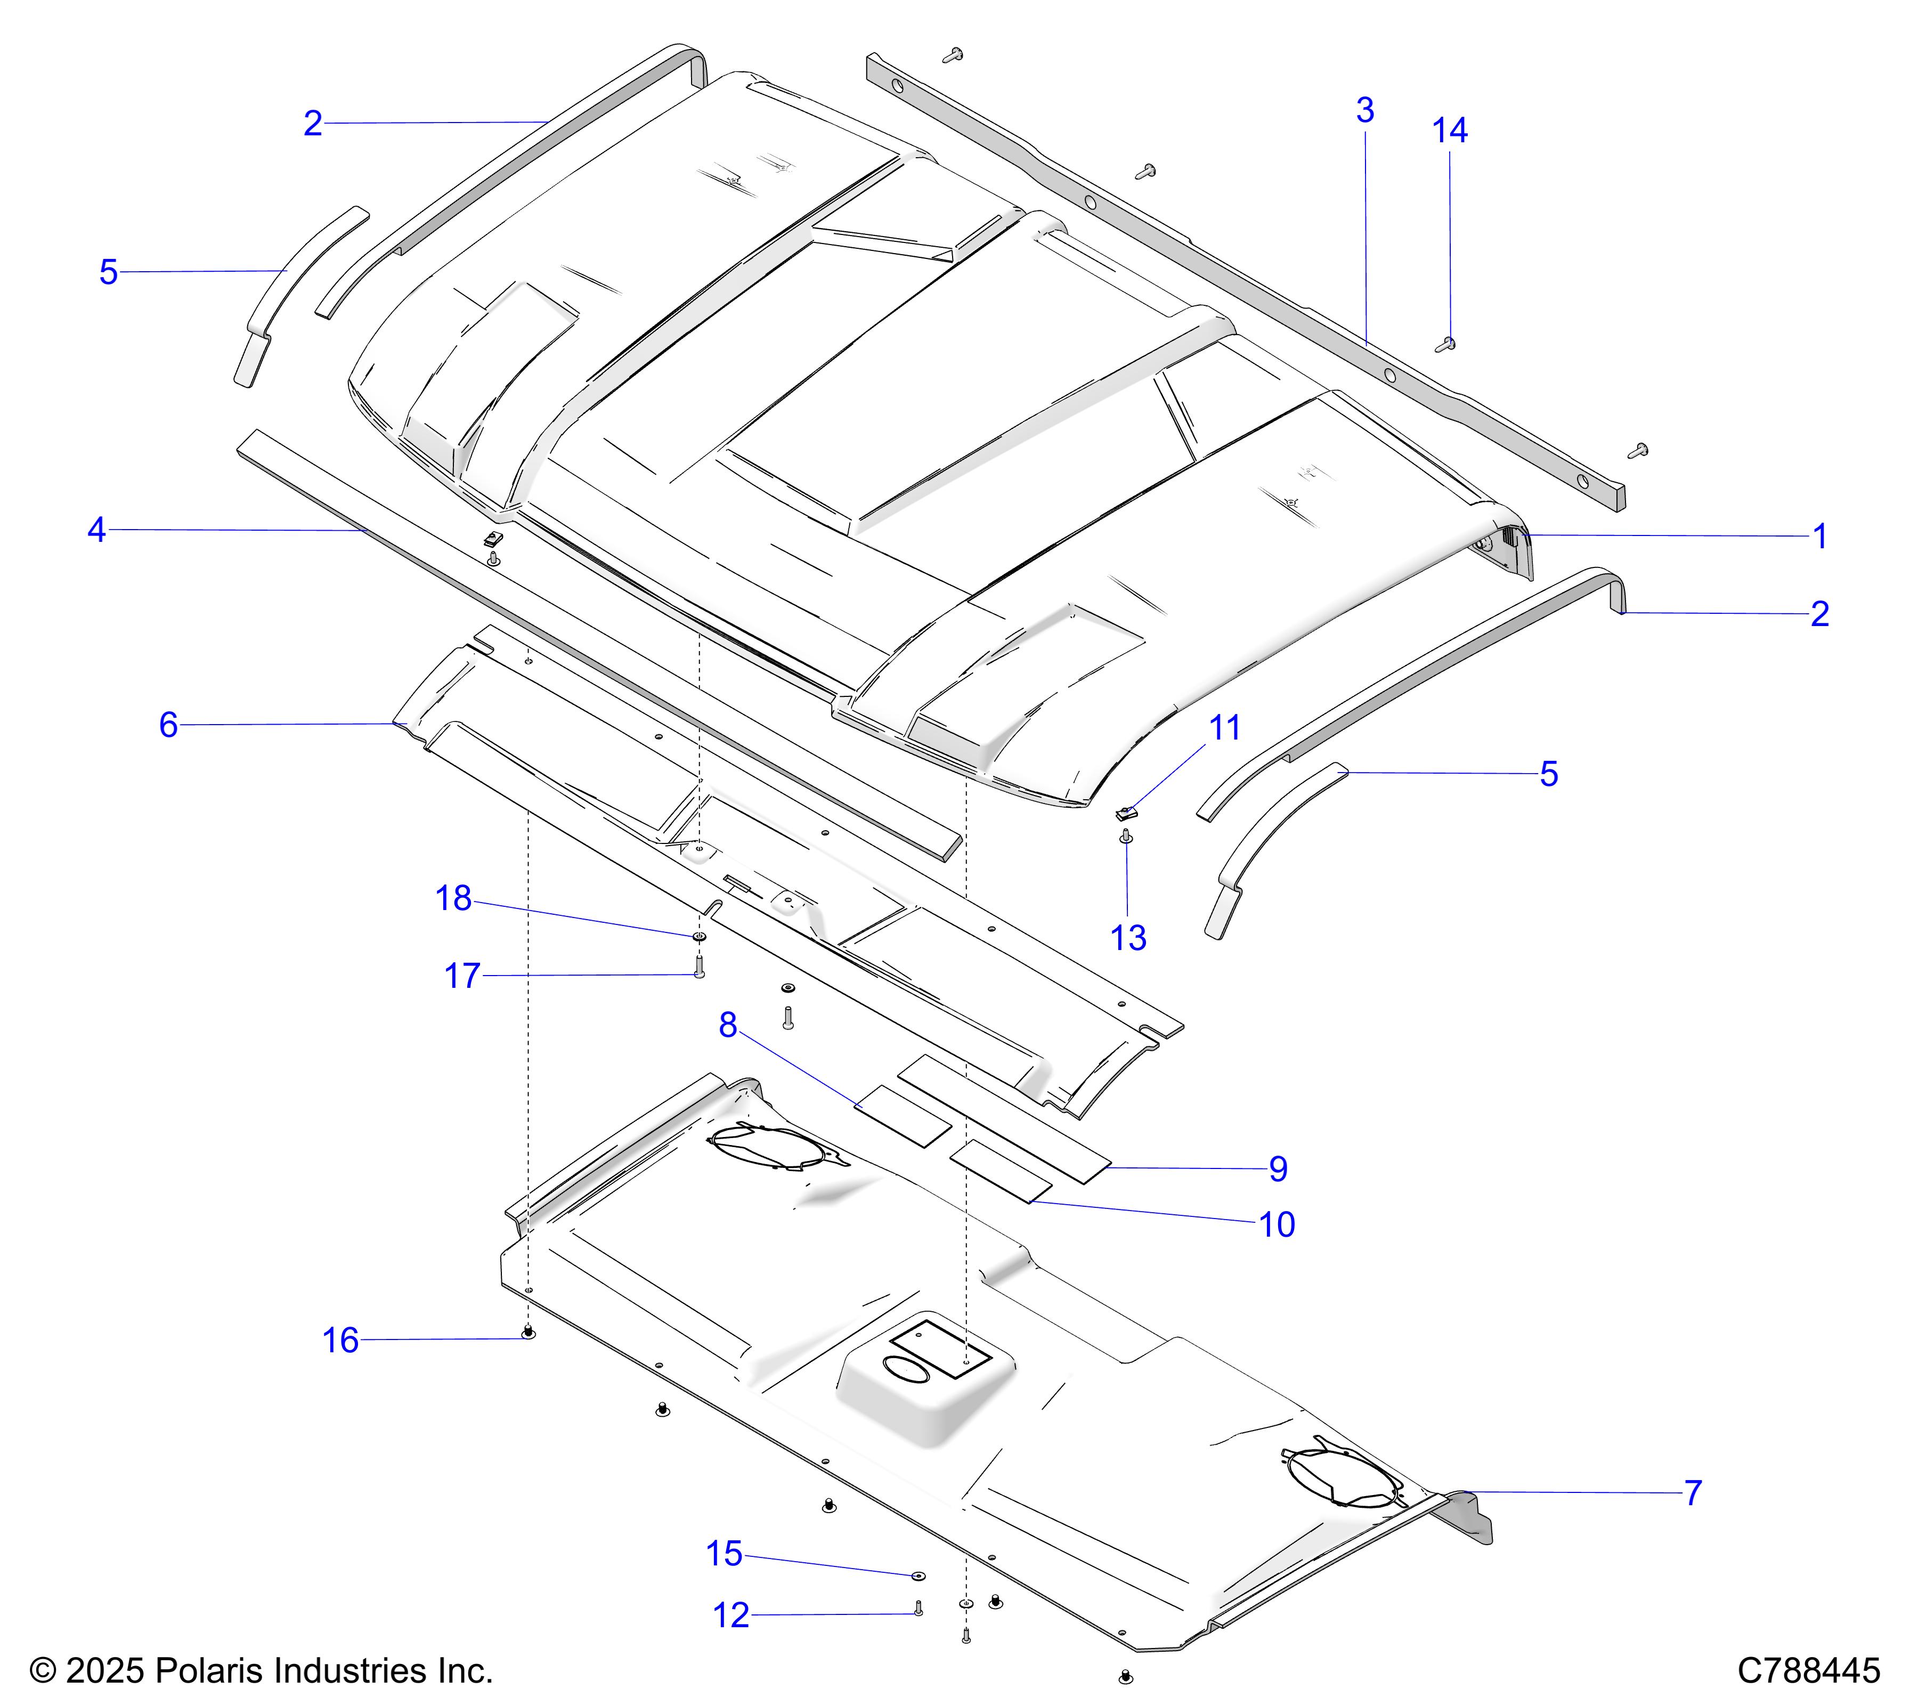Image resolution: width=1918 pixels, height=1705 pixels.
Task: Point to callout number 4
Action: tap(96, 530)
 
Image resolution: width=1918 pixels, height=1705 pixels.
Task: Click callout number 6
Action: tap(168, 725)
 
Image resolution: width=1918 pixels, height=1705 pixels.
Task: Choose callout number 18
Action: tap(453, 899)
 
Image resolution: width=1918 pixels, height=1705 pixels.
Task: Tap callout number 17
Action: tap(462, 976)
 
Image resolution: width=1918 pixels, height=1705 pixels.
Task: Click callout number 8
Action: tap(728, 1026)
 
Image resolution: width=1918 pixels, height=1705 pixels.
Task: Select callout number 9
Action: tap(1278, 1169)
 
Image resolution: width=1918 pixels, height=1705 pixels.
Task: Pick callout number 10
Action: tap(1277, 1224)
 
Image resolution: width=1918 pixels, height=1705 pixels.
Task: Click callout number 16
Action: tap(340, 1341)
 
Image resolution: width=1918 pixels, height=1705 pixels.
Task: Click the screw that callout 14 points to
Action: tap(1446, 344)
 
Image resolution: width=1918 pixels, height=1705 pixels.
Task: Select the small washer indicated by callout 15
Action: tap(918, 1573)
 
